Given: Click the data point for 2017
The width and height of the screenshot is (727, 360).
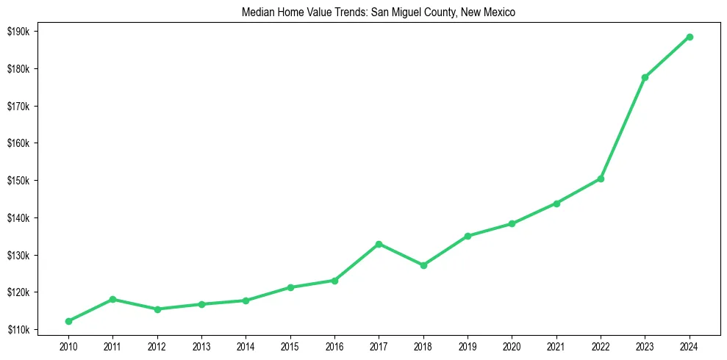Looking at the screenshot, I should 379,244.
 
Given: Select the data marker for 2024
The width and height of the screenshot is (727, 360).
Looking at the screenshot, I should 690,37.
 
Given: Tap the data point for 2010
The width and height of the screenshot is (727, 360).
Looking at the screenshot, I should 68,321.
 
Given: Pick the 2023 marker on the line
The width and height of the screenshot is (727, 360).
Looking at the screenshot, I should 645,77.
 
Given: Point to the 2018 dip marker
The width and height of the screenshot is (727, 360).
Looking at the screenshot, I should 423,265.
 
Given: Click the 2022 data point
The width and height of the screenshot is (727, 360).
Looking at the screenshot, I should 601,179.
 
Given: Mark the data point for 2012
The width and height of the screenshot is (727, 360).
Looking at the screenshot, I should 157,309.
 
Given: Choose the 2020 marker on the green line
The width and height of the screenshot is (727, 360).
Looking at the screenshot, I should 512,223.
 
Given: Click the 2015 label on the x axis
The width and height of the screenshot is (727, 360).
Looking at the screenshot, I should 290,345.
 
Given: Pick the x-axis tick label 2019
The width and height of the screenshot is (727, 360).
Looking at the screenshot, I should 468,345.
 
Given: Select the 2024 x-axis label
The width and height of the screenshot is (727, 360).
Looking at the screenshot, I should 690,345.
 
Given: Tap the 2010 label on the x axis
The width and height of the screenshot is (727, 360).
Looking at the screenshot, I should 68,345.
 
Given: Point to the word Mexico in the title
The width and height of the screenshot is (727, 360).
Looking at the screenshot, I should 501,12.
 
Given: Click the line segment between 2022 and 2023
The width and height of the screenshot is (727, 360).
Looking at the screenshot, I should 623,128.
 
